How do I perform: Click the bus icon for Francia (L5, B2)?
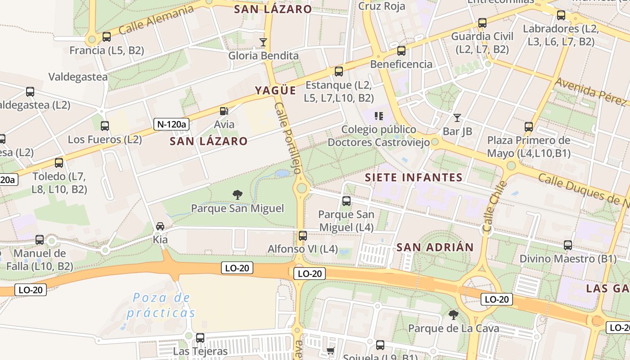107,37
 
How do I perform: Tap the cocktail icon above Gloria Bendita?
263,42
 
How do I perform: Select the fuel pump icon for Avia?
224,111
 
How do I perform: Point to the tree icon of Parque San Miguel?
238,195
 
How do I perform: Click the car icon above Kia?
160,226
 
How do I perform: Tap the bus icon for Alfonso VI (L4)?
303,235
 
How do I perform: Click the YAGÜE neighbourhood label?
275,90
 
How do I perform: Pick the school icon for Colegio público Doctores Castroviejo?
379,116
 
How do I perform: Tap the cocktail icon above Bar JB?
457,118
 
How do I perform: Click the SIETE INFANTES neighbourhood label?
414,177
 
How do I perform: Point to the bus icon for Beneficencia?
401,51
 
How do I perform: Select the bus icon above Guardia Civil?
482,22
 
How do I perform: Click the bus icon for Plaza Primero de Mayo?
529,127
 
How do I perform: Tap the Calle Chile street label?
494,207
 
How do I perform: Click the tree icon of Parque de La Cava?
454,315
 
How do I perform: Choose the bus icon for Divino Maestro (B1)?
568,245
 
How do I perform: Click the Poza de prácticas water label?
161,305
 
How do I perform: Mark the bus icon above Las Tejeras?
200,337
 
